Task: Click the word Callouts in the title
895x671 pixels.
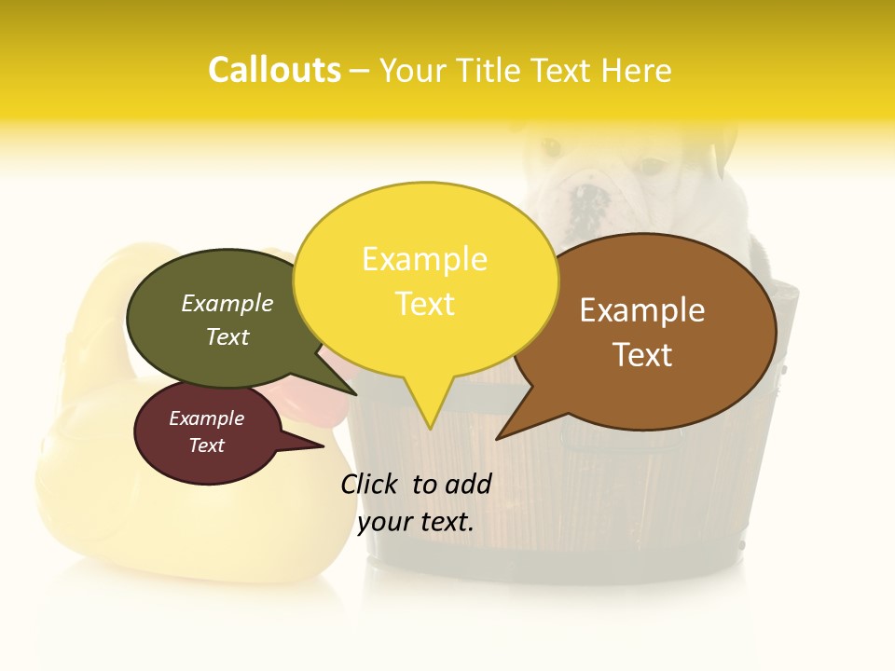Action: click(274, 70)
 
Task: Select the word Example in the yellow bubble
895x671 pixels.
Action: click(424, 259)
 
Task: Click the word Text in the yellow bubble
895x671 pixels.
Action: click(424, 304)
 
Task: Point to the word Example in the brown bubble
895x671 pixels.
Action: click(642, 310)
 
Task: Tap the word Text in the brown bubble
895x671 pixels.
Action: click(642, 355)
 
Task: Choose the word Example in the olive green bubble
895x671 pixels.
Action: click(227, 304)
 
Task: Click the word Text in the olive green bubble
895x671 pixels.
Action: click(227, 336)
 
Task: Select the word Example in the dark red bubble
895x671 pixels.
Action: click(206, 418)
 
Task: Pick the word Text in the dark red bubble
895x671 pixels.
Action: click(206, 445)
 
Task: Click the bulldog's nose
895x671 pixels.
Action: click(589, 199)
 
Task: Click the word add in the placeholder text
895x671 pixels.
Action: click(469, 484)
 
